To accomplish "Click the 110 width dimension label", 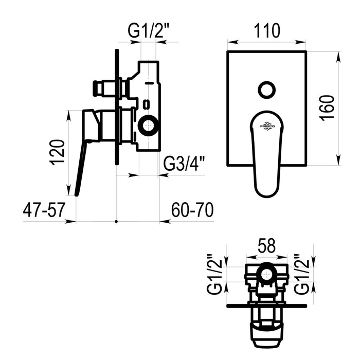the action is coord(267,30).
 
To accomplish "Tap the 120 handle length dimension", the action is coord(57,152).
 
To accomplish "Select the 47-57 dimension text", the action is coord(44,210).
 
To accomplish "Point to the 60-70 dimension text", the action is coord(192,210).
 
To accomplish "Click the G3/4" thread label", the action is coord(183,163).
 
